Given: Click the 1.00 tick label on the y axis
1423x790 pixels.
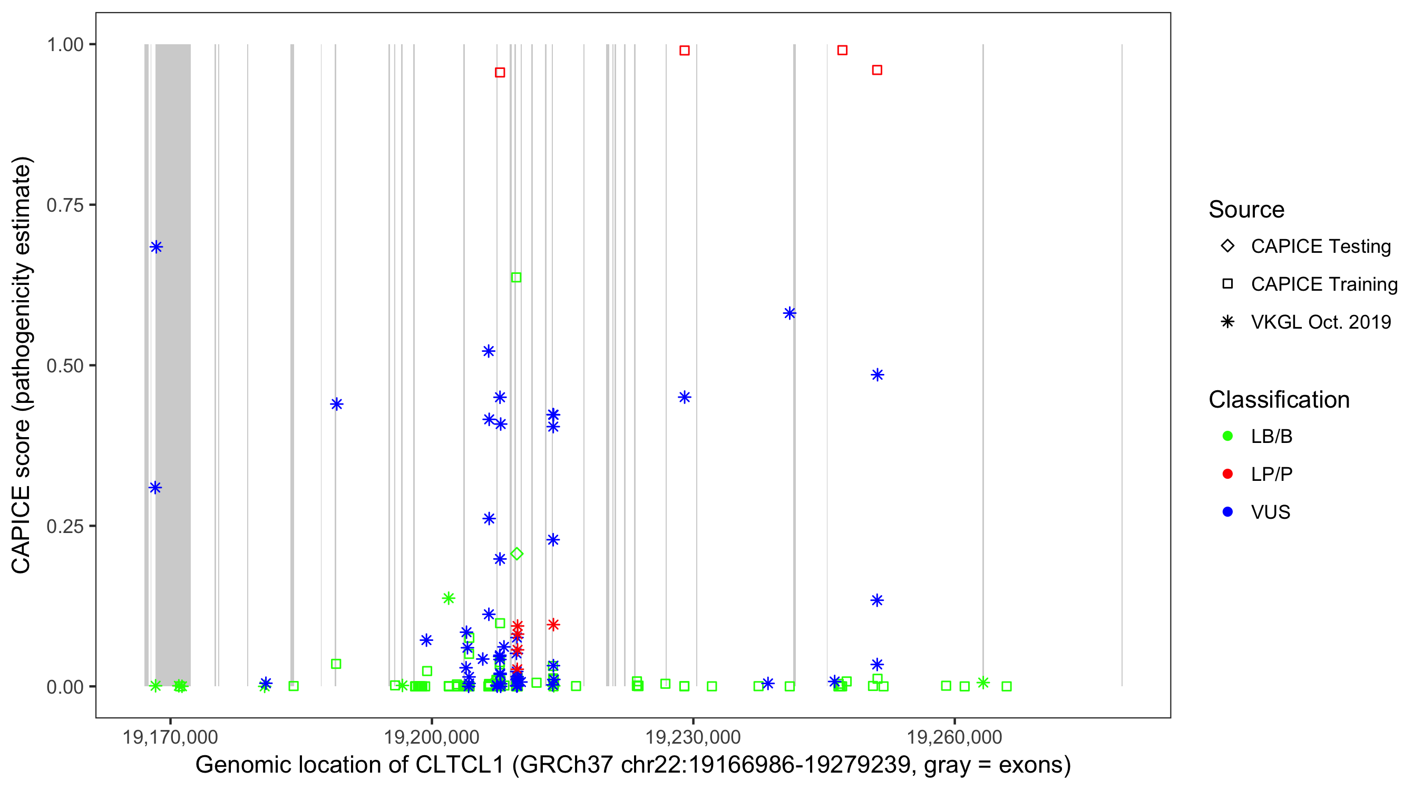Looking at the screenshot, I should tap(65, 45).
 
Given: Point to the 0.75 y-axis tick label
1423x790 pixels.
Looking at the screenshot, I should tap(65, 205).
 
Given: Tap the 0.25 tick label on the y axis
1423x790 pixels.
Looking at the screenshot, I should tap(65, 526).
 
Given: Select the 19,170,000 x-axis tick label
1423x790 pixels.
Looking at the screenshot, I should tap(170, 737).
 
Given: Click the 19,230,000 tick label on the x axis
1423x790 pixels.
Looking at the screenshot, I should tap(693, 737).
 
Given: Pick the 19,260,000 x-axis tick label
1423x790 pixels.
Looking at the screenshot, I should tap(954, 737).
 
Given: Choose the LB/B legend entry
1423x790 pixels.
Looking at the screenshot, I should tap(1271, 436).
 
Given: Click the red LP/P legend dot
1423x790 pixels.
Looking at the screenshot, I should tap(1228, 474).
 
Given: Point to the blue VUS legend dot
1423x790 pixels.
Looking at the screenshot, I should tap(1228, 512).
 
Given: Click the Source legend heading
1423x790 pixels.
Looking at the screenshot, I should tap(1246, 210).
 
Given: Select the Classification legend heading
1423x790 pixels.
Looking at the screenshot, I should tap(1279, 400).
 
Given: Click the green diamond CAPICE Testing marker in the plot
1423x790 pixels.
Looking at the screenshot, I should tap(516, 554).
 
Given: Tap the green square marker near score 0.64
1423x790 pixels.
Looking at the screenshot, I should tap(516, 277).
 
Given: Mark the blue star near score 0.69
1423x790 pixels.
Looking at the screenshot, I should tap(157, 247).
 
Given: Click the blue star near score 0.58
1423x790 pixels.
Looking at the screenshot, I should tap(790, 313).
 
